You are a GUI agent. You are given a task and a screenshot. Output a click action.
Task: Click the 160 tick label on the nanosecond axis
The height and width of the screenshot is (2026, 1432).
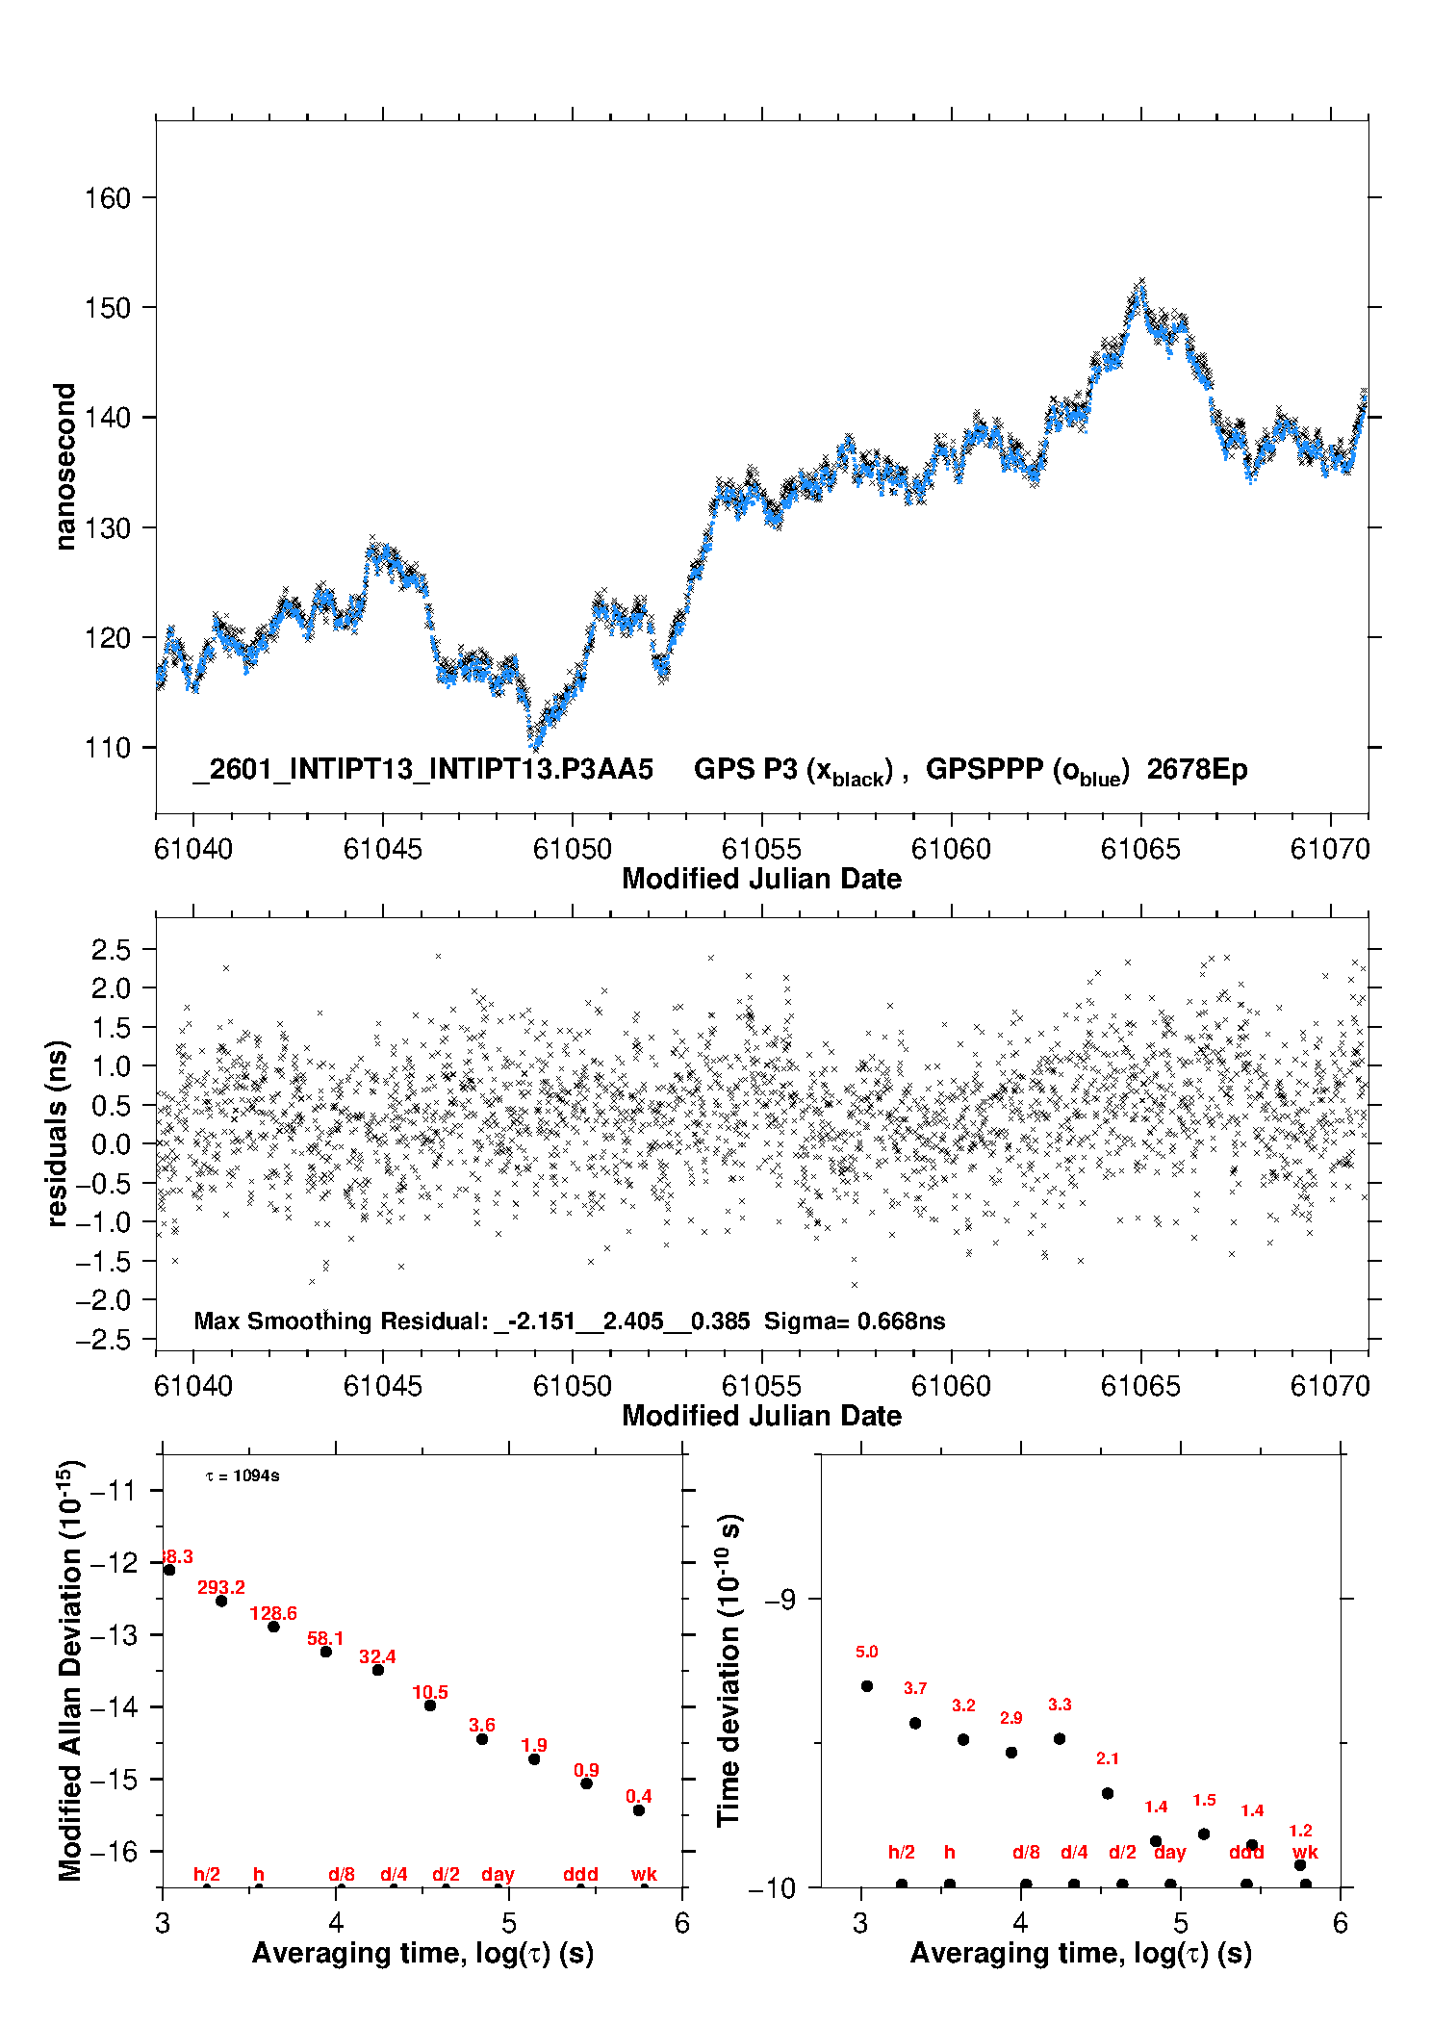(107, 198)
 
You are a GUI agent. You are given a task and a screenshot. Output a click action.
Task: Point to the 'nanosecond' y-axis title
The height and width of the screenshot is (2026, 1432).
(64, 467)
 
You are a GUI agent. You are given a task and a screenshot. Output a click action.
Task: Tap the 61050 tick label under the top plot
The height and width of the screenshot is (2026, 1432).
(572, 849)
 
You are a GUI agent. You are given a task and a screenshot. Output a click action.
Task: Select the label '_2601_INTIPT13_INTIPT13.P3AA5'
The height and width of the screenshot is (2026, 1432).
(422, 770)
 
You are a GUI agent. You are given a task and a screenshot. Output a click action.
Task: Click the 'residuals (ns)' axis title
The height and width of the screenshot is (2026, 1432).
(58, 1133)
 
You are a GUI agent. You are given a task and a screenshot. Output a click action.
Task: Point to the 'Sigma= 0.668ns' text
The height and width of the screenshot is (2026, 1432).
(854, 1321)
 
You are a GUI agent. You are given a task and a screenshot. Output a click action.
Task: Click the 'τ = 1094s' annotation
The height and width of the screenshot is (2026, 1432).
(243, 1476)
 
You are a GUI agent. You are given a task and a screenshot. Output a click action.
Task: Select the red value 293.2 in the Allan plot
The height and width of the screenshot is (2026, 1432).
(221, 1588)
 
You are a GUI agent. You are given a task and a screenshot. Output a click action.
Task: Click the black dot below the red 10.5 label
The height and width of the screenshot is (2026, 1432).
(430, 1705)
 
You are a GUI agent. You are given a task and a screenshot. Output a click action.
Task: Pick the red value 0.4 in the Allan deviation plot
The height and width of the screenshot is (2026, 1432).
(638, 1797)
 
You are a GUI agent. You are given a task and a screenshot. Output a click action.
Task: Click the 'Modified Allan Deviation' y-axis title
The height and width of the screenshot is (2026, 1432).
(70, 1671)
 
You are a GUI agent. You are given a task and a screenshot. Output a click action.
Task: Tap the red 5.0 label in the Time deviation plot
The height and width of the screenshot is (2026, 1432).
(866, 1653)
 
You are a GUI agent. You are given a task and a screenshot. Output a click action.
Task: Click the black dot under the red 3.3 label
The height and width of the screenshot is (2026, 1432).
(1060, 1739)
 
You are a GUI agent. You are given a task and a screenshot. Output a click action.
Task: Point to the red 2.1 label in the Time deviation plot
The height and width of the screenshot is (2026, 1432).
(1108, 1759)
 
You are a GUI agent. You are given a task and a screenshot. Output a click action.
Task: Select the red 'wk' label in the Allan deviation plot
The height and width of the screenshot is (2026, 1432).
(644, 1875)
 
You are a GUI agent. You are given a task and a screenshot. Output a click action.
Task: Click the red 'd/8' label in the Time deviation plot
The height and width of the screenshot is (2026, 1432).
(1026, 1853)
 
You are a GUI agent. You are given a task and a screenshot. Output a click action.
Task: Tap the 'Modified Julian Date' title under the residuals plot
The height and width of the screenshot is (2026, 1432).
(761, 1416)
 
